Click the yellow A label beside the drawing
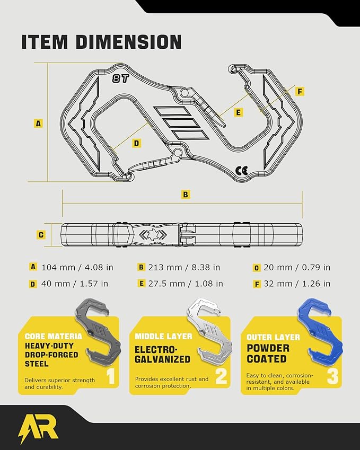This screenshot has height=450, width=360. (x=38, y=123)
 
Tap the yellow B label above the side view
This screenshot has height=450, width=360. (x=186, y=195)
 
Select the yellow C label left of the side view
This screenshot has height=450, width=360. (x=41, y=235)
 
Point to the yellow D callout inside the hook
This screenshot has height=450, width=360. (x=137, y=143)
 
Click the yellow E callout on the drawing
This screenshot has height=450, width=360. (x=238, y=112)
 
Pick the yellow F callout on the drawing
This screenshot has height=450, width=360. (x=300, y=91)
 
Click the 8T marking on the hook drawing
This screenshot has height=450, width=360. (x=120, y=78)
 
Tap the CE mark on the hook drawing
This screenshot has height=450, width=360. (x=241, y=171)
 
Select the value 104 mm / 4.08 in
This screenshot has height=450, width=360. (x=77, y=268)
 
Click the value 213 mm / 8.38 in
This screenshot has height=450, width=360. (x=184, y=268)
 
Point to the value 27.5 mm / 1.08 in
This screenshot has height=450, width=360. (x=186, y=284)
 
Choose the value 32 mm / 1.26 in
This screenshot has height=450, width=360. (x=297, y=284)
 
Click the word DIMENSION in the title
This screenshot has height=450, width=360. (x=129, y=42)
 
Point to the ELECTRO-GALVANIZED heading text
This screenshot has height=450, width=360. (x=162, y=355)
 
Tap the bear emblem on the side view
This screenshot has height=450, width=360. (x=153, y=234)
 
